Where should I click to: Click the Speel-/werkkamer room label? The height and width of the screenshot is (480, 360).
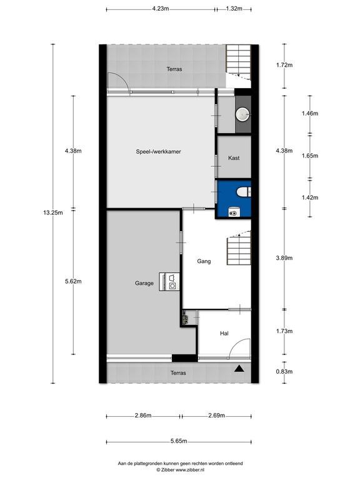point(158,151)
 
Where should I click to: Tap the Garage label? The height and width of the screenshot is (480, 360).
point(144,283)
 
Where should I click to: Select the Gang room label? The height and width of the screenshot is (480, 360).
point(204,261)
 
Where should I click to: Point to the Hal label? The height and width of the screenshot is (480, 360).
point(224,333)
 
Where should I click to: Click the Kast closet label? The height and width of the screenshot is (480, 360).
point(234,158)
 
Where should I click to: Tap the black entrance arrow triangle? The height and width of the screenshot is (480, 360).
point(239,369)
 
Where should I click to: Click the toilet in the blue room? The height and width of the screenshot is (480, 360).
point(244,192)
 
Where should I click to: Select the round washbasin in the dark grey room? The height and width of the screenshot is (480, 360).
point(242,114)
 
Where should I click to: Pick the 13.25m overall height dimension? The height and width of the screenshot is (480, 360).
point(53,212)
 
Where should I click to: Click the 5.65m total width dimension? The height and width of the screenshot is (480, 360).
point(179,441)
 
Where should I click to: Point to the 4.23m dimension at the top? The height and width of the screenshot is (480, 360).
point(161,9)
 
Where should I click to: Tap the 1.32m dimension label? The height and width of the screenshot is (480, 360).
point(234,9)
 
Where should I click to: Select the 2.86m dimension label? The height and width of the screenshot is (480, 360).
point(143,416)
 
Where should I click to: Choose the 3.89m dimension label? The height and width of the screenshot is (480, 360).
point(284,257)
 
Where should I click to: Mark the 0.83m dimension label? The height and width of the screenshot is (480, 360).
point(284,371)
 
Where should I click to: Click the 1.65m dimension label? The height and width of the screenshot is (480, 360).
point(310,156)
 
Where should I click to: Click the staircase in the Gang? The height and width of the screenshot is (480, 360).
point(239,248)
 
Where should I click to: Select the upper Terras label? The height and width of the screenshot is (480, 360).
point(174,69)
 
